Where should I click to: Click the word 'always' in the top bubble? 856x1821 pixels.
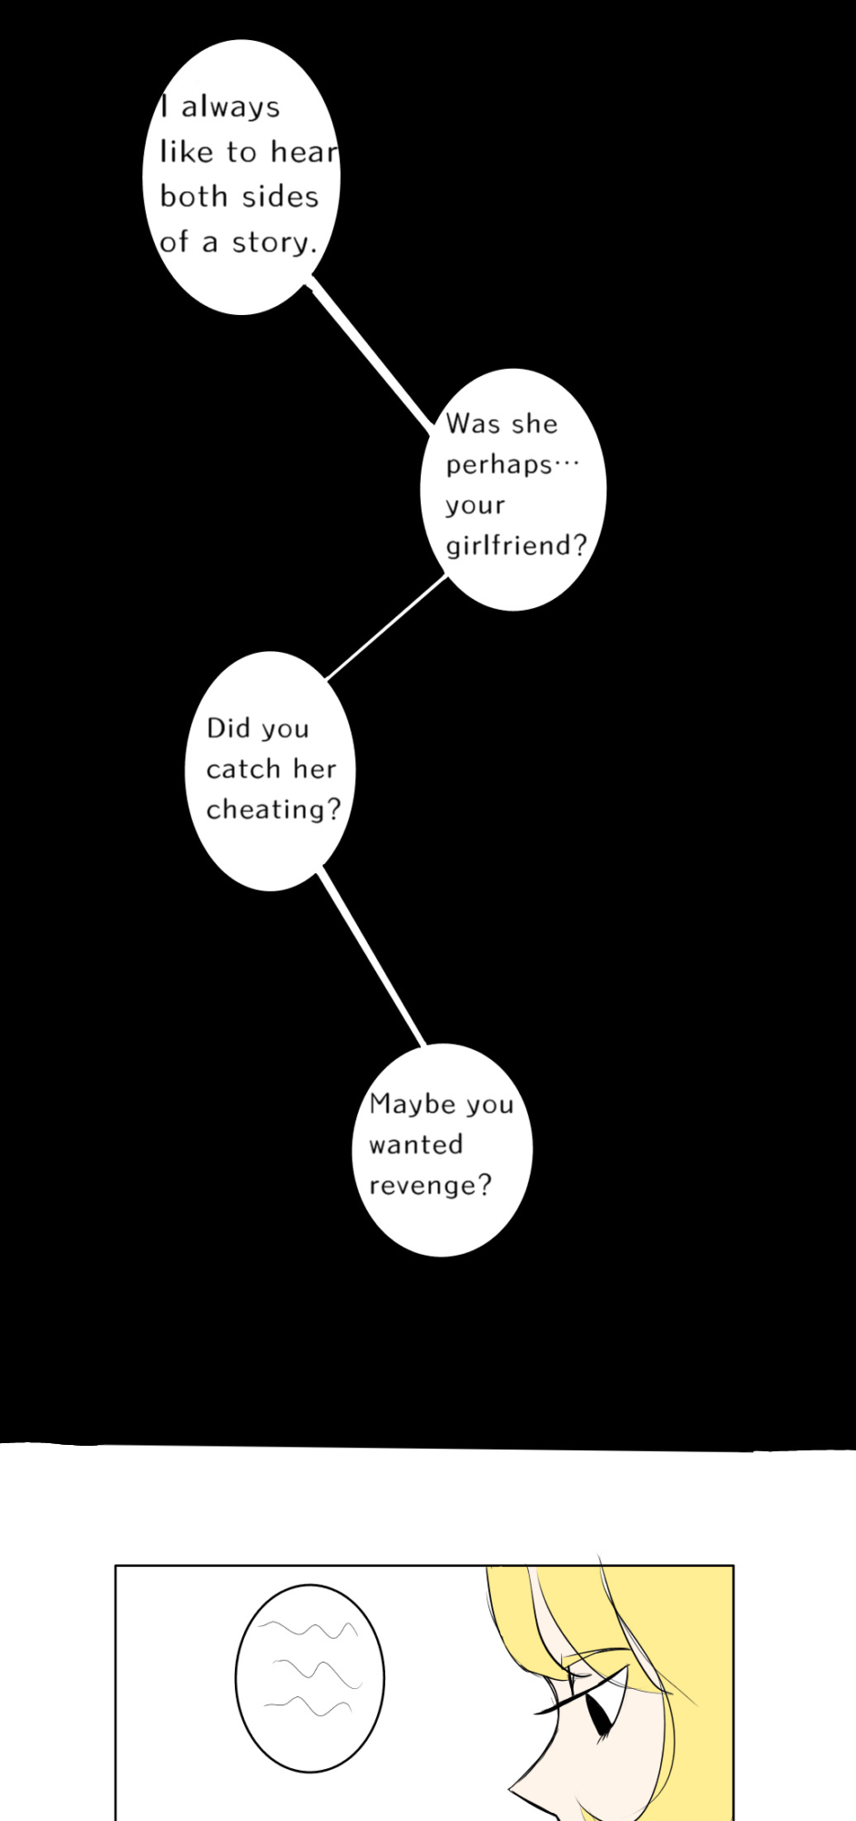[x=230, y=107]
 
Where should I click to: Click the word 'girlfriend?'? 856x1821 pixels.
[x=515, y=545]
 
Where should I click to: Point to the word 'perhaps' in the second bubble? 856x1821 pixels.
[x=498, y=465]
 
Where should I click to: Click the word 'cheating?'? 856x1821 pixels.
[x=272, y=809]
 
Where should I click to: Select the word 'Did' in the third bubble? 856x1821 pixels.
[x=228, y=728]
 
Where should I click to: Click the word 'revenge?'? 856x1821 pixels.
[x=430, y=1185]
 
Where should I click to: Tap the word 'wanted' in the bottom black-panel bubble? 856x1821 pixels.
[x=415, y=1144]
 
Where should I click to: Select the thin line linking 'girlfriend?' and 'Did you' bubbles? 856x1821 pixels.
[x=386, y=628]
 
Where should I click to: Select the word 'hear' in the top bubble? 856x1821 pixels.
[x=304, y=152]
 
